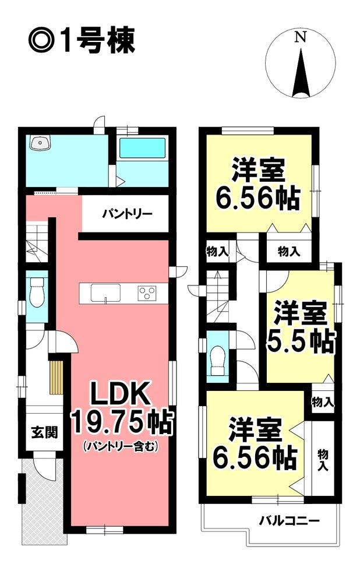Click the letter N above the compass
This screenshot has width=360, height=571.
pos(301,37)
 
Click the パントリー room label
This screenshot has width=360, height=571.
pos(127,214)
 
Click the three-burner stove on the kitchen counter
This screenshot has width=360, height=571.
pos(147,293)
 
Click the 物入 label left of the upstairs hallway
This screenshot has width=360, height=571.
pos(217,251)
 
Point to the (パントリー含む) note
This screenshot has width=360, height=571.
pos(121,446)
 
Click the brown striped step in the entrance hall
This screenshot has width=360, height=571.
pos(57,378)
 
